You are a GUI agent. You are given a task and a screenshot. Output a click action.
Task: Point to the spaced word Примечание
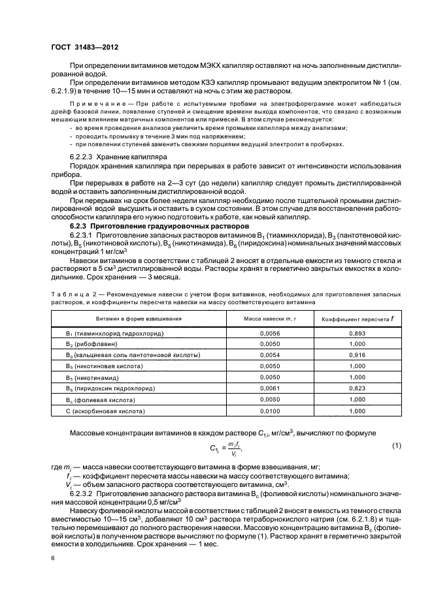tap(96, 104)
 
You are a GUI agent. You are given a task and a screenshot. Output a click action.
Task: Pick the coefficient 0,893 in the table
tap(357, 333)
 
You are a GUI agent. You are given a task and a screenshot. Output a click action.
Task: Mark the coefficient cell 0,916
tap(357, 355)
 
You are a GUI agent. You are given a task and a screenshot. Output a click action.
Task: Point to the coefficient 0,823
tap(357, 388)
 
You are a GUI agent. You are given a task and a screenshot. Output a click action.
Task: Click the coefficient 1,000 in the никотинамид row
tap(357, 377)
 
